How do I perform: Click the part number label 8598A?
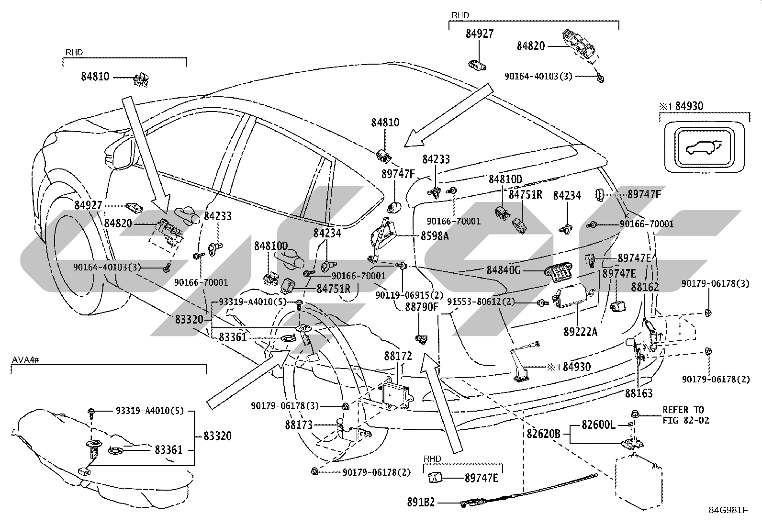pyautogui.click(x=435, y=235)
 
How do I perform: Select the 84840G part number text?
pyautogui.click(x=504, y=270)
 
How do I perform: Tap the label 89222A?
pyautogui.click(x=580, y=332)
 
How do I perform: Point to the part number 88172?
pyautogui.click(x=398, y=356)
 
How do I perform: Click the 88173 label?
pyautogui.click(x=299, y=425)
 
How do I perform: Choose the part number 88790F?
pyautogui.click(x=422, y=307)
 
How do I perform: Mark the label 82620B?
pyautogui.click(x=543, y=434)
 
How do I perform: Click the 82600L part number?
pyautogui.click(x=598, y=425)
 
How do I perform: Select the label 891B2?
pyautogui.click(x=421, y=502)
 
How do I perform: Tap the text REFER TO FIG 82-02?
pyautogui.click(x=686, y=415)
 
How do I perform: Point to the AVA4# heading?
pyautogui.click(x=25, y=359)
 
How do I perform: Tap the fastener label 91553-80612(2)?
pyautogui.click(x=481, y=302)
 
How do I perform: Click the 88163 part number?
pyautogui.click(x=639, y=393)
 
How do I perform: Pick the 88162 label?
pyautogui.click(x=645, y=287)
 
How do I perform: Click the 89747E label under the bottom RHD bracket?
pyautogui.click(x=482, y=478)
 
